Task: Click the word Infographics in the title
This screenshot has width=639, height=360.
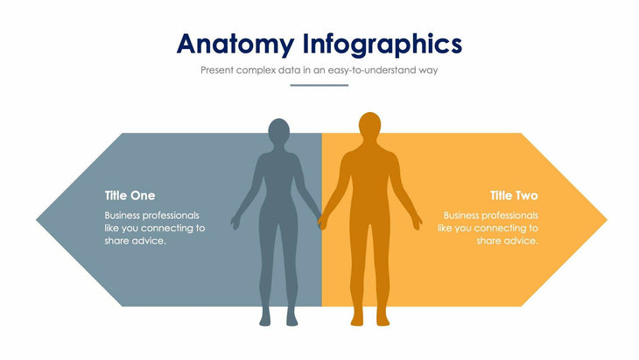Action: point(383,43)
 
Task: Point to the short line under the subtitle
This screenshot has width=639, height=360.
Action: point(319,86)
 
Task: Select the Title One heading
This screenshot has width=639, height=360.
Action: point(130,195)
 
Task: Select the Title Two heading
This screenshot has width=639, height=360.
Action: point(514,195)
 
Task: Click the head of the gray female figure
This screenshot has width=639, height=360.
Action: point(277,132)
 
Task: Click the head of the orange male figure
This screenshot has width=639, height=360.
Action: point(370,127)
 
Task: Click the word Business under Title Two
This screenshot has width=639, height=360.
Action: point(465,215)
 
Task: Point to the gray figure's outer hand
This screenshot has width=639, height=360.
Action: point(235,222)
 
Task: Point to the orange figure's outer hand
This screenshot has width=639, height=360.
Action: point(418,221)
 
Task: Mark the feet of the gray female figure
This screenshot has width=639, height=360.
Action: point(277,321)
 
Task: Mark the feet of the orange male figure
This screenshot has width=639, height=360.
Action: point(369,321)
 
